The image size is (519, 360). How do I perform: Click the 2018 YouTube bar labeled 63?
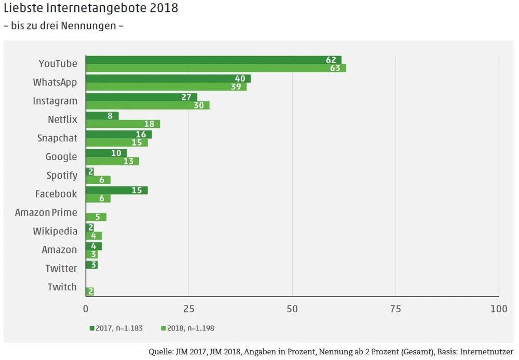pyautogui.click(x=215, y=68)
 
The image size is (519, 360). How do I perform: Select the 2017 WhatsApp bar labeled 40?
pyautogui.click(x=168, y=78)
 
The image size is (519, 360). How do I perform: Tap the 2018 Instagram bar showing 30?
pyautogui.click(x=147, y=105)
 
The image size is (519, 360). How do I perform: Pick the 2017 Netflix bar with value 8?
pyautogui.click(x=102, y=116)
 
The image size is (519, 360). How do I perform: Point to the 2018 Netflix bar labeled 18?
pyautogui.click(x=122, y=124)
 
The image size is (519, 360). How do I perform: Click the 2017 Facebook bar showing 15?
pyautogui.click(x=116, y=190)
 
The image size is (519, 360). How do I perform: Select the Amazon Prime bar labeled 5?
pyautogui.click(x=96, y=217)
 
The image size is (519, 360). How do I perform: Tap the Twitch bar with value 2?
pyautogui.click(x=89, y=291)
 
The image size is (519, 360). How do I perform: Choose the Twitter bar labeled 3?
pyautogui.click(x=91, y=265)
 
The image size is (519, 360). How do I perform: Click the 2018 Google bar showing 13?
pyautogui.click(x=112, y=161)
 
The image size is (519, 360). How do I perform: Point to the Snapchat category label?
pyautogui.click(x=57, y=138)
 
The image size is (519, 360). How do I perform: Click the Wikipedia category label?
pyautogui.click(x=55, y=231)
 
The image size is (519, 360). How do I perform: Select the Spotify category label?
pyautogui.click(x=62, y=176)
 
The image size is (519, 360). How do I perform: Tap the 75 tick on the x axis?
pyautogui.click(x=395, y=309)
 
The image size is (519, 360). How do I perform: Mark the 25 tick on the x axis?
pyautogui.click(x=189, y=309)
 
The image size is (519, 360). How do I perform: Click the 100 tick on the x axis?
pyautogui.click(x=499, y=309)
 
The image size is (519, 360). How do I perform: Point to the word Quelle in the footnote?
pyautogui.click(x=160, y=352)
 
